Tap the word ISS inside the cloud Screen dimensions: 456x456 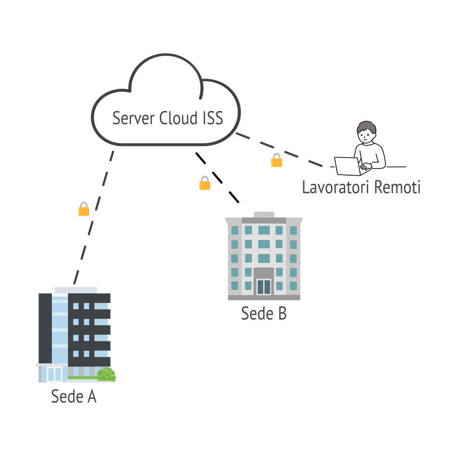tap(212, 118)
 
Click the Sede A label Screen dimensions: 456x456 tap(74, 396)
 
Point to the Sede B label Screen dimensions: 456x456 tap(264, 313)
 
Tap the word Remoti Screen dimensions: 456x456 tap(397, 187)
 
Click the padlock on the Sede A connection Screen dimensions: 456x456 tap(84, 209)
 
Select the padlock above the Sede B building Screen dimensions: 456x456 tap(205, 183)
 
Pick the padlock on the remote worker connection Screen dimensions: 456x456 tap(276, 160)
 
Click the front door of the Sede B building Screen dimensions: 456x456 tap(264, 286)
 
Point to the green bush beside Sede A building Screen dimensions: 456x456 tap(106, 374)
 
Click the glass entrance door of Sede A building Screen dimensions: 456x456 tap(54, 374)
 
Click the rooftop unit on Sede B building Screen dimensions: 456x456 tap(264, 214)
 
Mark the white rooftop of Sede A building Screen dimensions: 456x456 tap(75, 290)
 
